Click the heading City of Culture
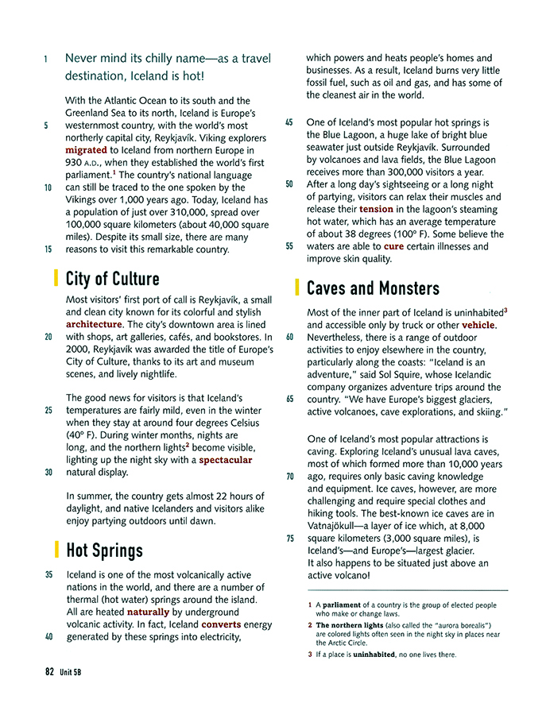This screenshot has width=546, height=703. (112, 279)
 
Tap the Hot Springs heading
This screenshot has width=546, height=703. (104, 550)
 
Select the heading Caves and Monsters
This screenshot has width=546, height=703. (372, 288)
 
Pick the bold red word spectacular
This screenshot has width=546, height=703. (226, 460)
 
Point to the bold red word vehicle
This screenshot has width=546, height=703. (478, 325)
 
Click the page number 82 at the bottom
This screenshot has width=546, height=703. (49, 671)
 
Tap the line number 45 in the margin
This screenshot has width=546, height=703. (289, 123)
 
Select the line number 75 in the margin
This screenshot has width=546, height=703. (289, 538)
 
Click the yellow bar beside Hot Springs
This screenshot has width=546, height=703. (56, 549)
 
